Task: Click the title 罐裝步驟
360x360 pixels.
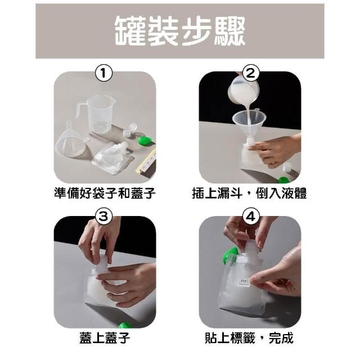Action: (180, 31)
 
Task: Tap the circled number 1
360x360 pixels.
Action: (103, 73)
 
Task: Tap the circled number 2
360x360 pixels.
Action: (250, 73)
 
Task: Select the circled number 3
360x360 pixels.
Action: (103, 216)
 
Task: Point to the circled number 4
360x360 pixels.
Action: (250, 216)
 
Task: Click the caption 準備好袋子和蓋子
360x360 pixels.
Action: (105, 193)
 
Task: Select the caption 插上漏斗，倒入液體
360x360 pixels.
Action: (250, 193)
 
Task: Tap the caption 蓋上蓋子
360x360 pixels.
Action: (105, 338)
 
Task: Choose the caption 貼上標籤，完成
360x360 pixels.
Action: (249, 338)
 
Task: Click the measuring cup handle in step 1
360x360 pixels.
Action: (79, 110)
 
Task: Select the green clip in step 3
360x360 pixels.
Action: (125, 325)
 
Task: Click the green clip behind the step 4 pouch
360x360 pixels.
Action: (230, 255)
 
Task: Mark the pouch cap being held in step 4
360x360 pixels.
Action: (251, 247)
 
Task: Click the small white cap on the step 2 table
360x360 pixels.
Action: (287, 167)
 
